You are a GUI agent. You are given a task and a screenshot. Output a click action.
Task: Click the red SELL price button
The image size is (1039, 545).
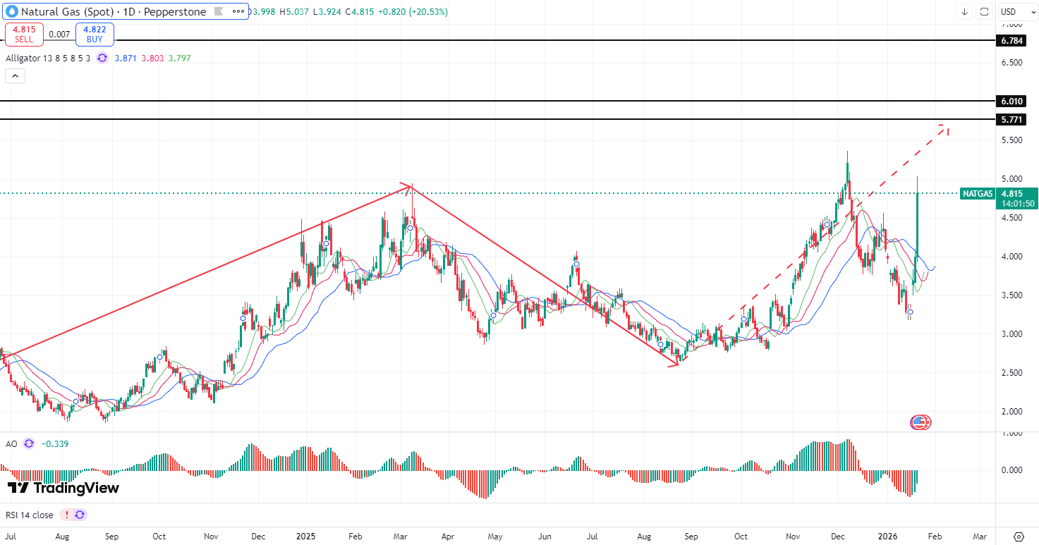pyautogui.click(x=24, y=34)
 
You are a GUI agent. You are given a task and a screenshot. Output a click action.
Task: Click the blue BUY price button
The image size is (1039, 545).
pyautogui.click(x=95, y=34)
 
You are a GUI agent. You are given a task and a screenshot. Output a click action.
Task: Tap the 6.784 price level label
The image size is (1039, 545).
pyautogui.click(x=1012, y=41)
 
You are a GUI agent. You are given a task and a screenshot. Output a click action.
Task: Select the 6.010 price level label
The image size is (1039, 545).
pyautogui.click(x=1012, y=101)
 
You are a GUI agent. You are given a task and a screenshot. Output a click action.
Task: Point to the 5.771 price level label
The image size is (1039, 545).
pyautogui.click(x=1012, y=120)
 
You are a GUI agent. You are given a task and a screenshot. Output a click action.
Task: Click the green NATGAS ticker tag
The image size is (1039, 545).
pyautogui.click(x=977, y=193)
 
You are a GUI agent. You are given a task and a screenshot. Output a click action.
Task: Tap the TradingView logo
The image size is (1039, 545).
pyautogui.click(x=63, y=488)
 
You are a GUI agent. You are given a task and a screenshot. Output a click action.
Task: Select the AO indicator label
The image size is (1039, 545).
pyautogui.click(x=11, y=443)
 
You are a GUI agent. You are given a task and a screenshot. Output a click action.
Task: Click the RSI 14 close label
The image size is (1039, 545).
pyautogui.click(x=29, y=515)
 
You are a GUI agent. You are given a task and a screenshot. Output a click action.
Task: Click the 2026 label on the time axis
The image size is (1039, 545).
pyautogui.click(x=887, y=537)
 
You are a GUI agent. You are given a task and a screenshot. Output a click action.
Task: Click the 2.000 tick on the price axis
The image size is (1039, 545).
pyautogui.click(x=1012, y=411)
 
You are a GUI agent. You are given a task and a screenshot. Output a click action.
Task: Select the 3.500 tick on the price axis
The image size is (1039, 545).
pyautogui.click(x=1012, y=295)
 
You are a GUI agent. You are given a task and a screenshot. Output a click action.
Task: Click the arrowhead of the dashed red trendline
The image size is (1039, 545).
pyautogui.click(x=946, y=128)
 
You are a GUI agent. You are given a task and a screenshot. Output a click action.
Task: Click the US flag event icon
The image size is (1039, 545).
pyautogui.click(x=919, y=422)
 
